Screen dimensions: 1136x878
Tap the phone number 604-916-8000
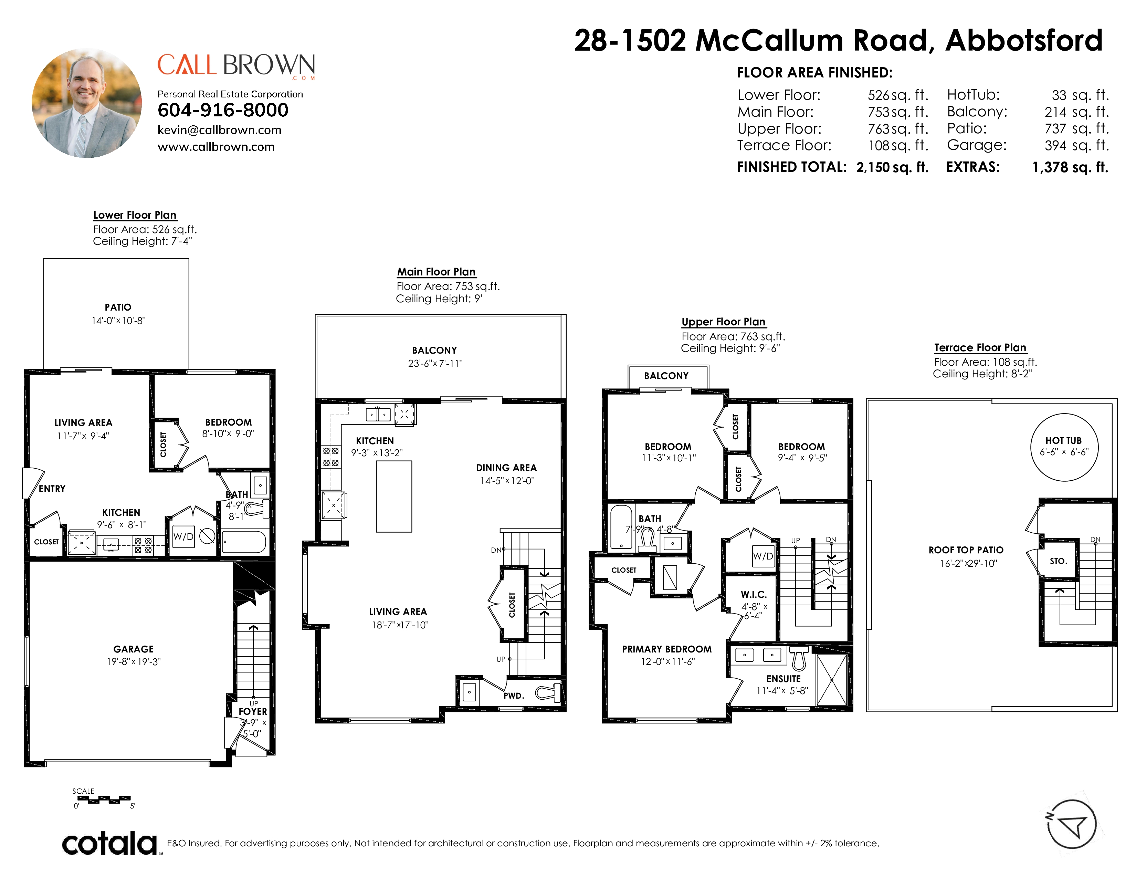(x=223, y=110)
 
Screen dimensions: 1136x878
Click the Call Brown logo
(x=236, y=66)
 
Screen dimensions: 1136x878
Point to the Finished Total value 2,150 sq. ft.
(x=892, y=167)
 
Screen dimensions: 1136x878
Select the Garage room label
(x=134, y=649)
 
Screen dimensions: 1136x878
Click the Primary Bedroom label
(x=667, y=649)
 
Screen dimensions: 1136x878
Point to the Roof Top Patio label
(x=966, y=550)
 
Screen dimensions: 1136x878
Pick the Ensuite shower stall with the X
(x=832, y=680)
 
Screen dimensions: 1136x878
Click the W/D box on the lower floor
(x=183, y=536)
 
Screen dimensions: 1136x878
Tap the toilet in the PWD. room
(x=549, y=693)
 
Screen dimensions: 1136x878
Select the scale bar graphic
(x=104, y=799)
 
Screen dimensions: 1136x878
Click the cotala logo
(x=110, y=843)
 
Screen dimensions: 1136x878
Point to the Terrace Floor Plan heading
(x=980, y=347)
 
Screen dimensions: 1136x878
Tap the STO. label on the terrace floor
(x=1059, y=561)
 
